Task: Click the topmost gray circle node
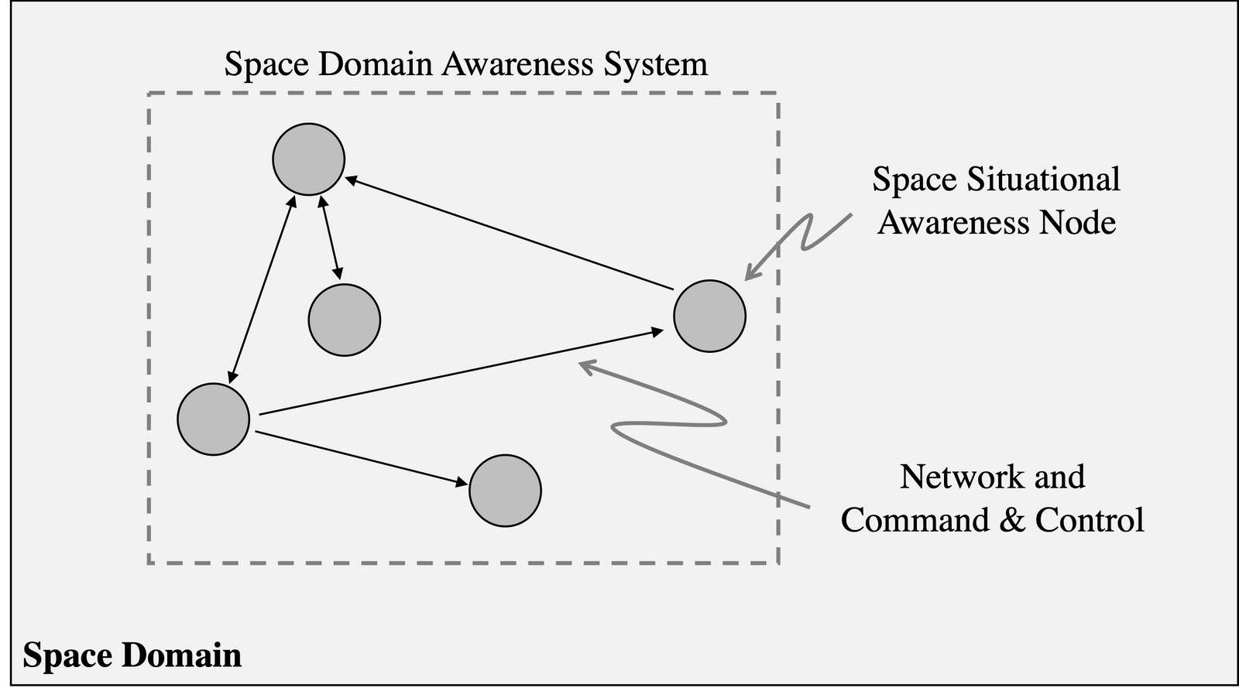(x=308, y=159)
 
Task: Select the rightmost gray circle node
(x=709, y=316)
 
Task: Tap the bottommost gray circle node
(x=505, y=491)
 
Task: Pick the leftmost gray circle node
(x=213, y=419)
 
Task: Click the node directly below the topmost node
(x=344, y=320)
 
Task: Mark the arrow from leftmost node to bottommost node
(x=360, y=458)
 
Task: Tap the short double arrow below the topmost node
(x=329, y=237)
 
